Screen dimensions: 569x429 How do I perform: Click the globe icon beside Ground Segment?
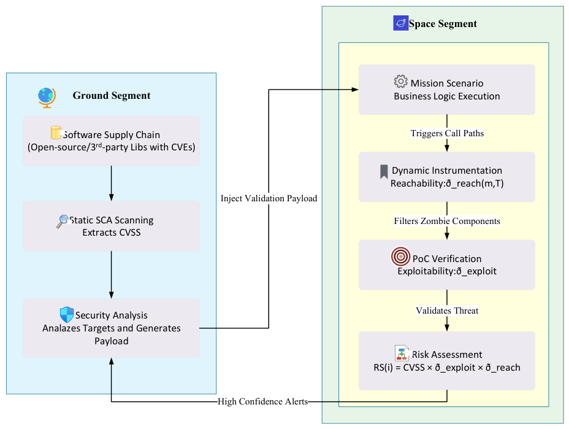pyautogui.click(x=47, y=98)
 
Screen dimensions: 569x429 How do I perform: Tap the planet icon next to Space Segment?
pyautogui.click(x=400, y=23)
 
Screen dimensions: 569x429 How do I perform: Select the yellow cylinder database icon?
pyautogui.click(x=56, y=133)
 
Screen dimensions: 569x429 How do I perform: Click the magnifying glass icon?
pyautogui.click(x=63, y=221)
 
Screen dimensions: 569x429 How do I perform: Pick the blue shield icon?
pyautogui.click(x=67, y=315)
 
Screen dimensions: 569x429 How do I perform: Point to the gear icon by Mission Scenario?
pyautogui.click(x=400, y=82)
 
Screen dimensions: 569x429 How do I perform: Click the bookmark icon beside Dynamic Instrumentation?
pyautogui.click(x=384, y=172)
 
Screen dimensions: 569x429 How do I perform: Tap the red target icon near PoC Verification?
pyautogui.click(x=400, y=257)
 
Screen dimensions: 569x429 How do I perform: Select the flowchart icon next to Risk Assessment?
pyautogui.click(x=402, y=353)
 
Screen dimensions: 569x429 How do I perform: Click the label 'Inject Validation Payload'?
pyautogui.click(x=269, y=198)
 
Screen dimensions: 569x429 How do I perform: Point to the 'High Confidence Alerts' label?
pyautogui.click(x=262, y=401)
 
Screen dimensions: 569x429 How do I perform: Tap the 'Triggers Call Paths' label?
pyautogui.click(x=447, y=133)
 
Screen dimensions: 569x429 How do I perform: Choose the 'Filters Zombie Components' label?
pyautogui.click(x=447, y=221)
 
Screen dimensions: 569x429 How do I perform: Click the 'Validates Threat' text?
pyautogui.click(x=447, y=311)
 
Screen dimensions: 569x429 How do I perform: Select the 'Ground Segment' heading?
pyautogui.click(x=112, y=96)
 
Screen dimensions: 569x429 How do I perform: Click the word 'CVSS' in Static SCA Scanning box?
pyautogui.click(x=129, y=233)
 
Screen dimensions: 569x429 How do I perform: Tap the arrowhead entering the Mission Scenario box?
pyautogui.click(x=355, y=90)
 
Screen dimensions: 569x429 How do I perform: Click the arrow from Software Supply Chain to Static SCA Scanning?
pyautogui.click(x=112, y=184)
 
